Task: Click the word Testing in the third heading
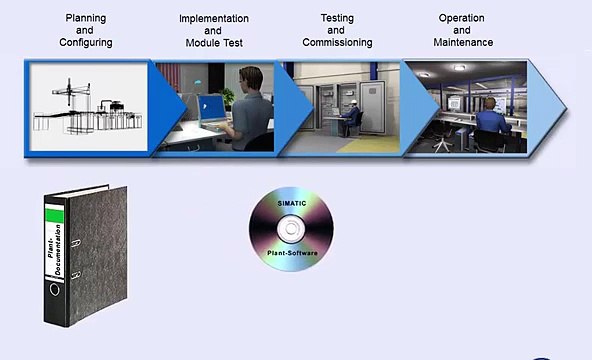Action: [x=337, y=18]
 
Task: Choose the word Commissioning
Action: [x=337, y=43]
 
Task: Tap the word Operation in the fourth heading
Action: [x=462, y=18]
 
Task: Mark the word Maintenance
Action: [x=462, y=43]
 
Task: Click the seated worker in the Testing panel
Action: [x=351, y=117]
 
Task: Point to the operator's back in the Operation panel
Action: [x=491, y=122]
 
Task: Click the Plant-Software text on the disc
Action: [x=290, y=254]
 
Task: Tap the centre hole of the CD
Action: [x=290, y=228]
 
